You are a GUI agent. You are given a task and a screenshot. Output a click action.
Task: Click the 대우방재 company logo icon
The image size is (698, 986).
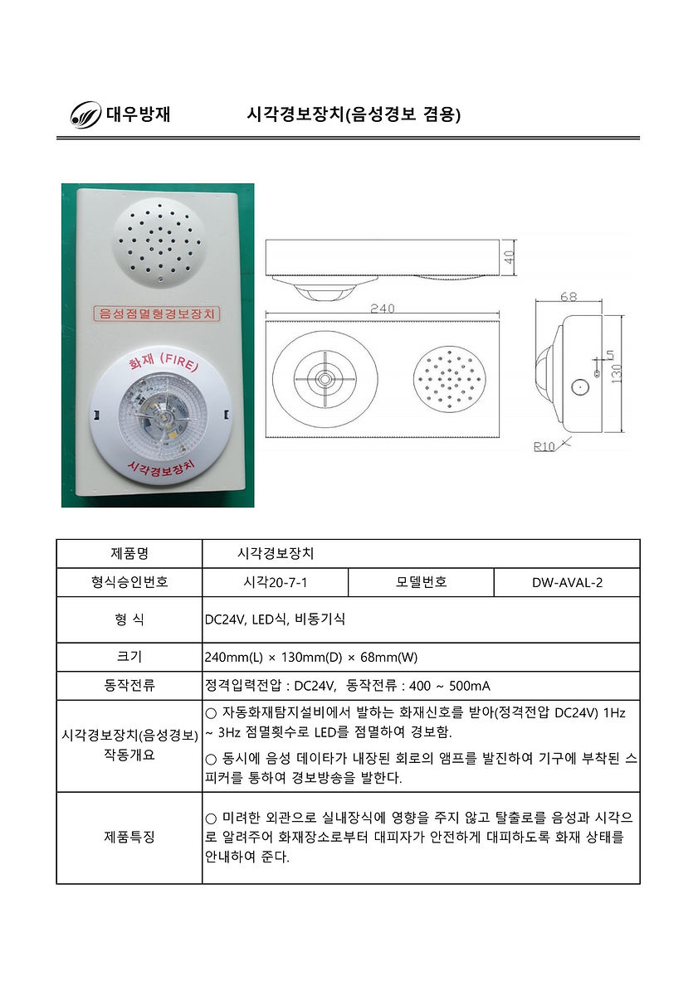[x=85, y=114]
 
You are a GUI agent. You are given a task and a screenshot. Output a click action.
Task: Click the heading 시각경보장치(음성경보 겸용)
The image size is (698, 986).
[x=354, y=114]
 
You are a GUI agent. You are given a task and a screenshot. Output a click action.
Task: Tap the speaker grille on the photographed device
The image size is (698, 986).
[x=160, y=241]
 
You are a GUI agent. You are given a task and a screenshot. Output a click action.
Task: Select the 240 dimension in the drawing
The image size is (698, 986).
[x=382, y=308]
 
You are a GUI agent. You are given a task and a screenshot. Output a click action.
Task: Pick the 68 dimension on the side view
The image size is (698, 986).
[x=569, y=296]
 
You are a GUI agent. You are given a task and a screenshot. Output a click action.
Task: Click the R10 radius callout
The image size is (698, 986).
[x=544, y=448]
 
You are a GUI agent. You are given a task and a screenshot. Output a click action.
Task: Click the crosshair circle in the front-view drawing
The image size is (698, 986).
[x=322, y=380]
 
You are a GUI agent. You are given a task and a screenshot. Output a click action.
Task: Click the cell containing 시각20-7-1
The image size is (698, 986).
[x=275, y=582]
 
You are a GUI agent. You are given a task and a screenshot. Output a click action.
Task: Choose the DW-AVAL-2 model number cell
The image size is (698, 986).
[x=567, y=582]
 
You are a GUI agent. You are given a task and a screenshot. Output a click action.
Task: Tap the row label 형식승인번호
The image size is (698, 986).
[x=129, y=582]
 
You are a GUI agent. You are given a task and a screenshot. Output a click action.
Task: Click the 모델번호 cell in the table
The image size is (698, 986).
[x=421, y=582]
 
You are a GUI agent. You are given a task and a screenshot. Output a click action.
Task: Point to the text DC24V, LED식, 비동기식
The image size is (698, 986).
[x=275, y=619]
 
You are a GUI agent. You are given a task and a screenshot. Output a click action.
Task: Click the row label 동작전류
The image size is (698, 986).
[x=129, y=685]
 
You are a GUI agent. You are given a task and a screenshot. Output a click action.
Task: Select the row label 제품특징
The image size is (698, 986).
[x=129, y=838]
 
